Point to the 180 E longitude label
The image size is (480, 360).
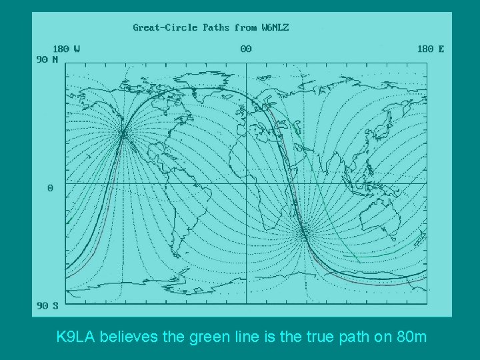(x=431, y=49)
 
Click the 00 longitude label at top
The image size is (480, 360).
(x=246, y=49)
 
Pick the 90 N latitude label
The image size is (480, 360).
(x=47, y=59)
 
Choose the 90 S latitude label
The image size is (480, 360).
(x=47, y=306)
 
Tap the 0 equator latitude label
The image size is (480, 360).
(x=50, y=188)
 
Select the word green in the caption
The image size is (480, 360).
(x=203, y=337)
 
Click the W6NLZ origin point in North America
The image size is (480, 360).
(x=123, y=134)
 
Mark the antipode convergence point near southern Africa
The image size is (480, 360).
(x=304, y=232)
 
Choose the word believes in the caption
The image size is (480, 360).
(x=136, y=337)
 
